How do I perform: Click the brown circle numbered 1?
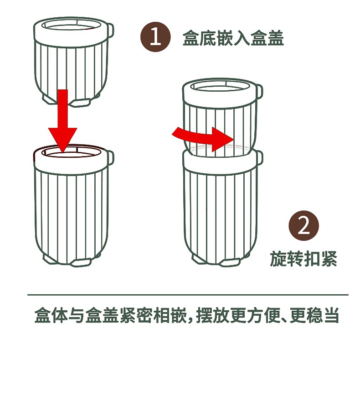click(x=155, y=36)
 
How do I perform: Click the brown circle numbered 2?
click(x=303, y=225)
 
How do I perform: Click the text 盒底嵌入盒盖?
click(x=233, y=38)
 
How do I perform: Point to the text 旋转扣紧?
click(x=303, y=259)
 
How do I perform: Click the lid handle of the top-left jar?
click(x=111, y=31)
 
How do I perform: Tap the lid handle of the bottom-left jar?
click(x=111, y=157)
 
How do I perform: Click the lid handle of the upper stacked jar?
click(x=259, y=91)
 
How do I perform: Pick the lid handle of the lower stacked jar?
click(x=259, y=157)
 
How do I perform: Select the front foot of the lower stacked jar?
click(x=230, y=262)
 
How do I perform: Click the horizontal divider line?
click(x=188, y=295)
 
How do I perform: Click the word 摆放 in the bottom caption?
click(x=213, y=316)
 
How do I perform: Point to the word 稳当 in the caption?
click(x=323, y=316)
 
